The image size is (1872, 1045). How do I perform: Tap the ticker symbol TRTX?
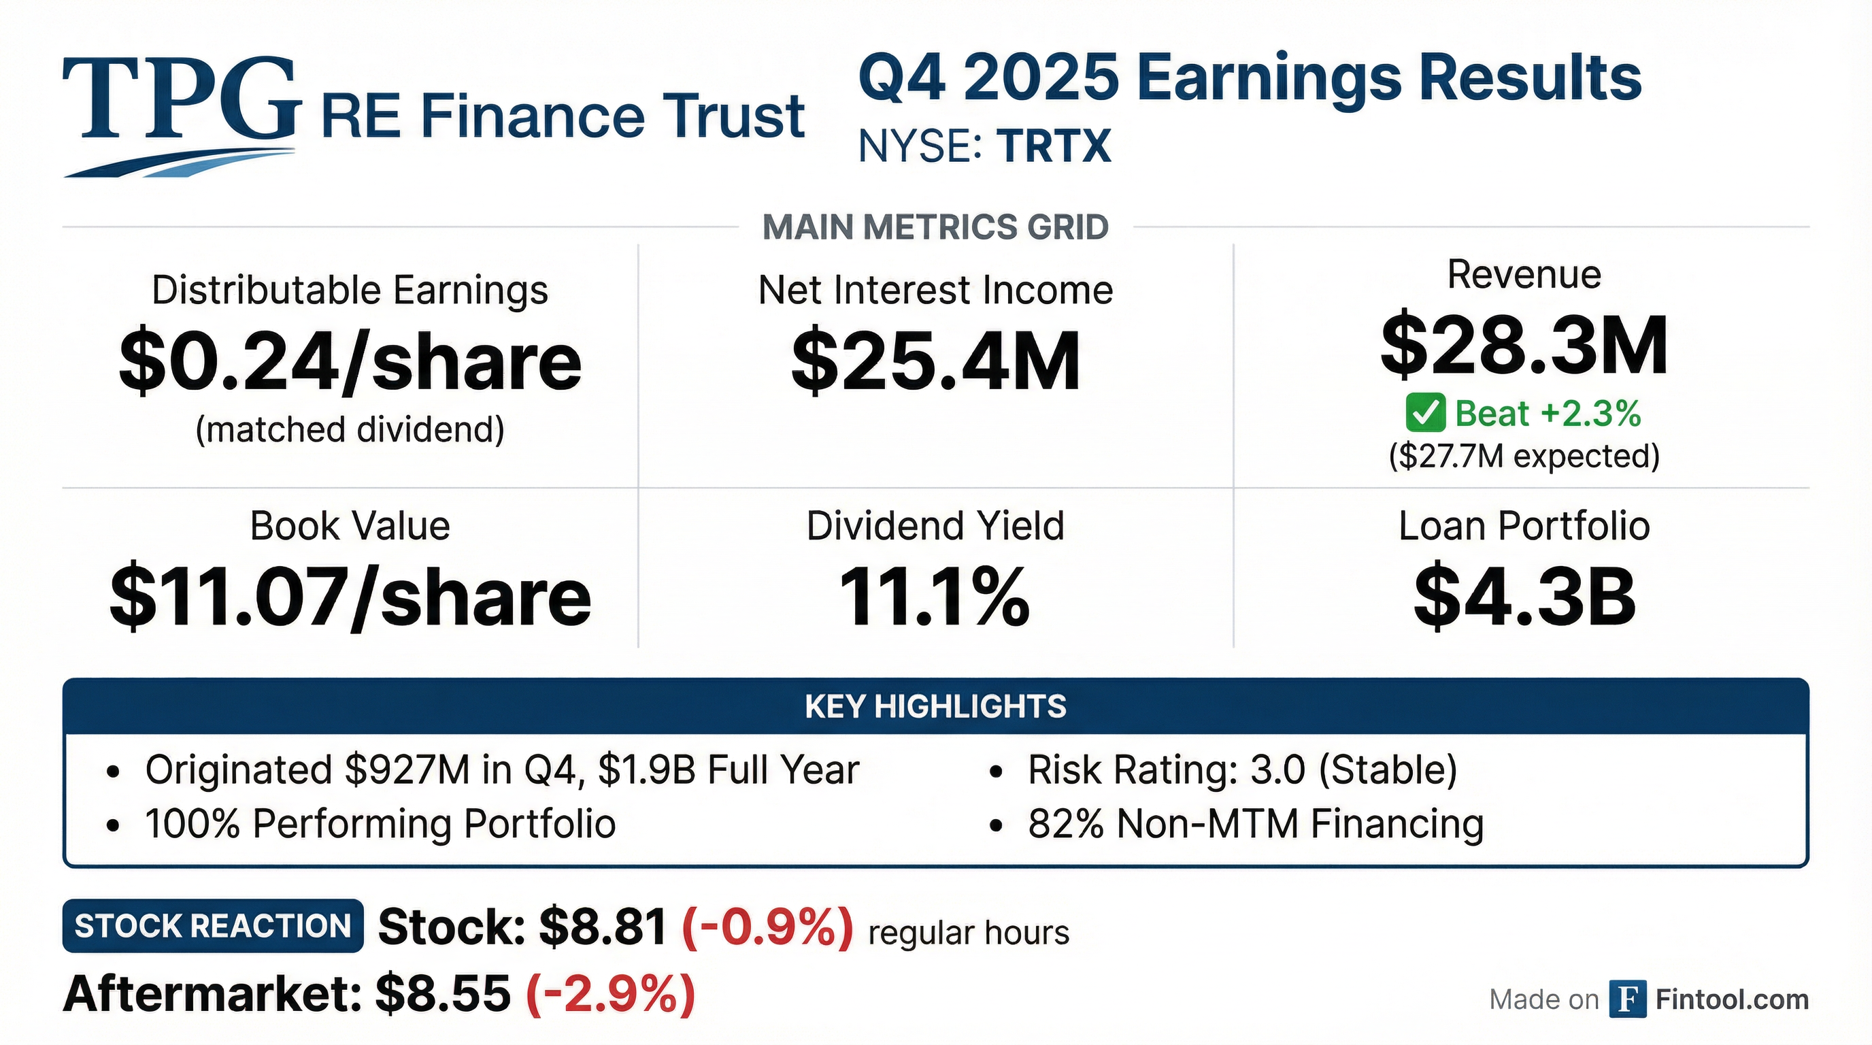coord(1054,146)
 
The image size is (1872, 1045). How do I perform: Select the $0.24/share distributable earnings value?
coord(350,361)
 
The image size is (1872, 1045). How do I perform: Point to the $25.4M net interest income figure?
coord(935,361)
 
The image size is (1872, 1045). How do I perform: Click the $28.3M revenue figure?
coord(1524,346)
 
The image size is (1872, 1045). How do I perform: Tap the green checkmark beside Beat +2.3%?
coord(1425,413)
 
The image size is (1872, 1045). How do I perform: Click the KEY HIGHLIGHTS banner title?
coord(935,706)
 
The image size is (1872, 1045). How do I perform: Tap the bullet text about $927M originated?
coord(501,769)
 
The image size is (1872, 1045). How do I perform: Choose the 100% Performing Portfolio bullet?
coord(380,824)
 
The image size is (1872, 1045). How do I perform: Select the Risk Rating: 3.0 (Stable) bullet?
coord(1242,769)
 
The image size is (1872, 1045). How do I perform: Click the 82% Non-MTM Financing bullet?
coord(1255,824)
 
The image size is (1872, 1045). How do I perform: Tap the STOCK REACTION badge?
coord(213,926)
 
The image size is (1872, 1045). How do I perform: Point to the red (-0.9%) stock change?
coord(767,928)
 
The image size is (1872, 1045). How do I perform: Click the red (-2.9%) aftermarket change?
coord(610,994)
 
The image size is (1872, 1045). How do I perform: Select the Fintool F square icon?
coord(1627,999)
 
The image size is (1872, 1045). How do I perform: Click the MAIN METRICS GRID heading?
coord(935,227)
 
